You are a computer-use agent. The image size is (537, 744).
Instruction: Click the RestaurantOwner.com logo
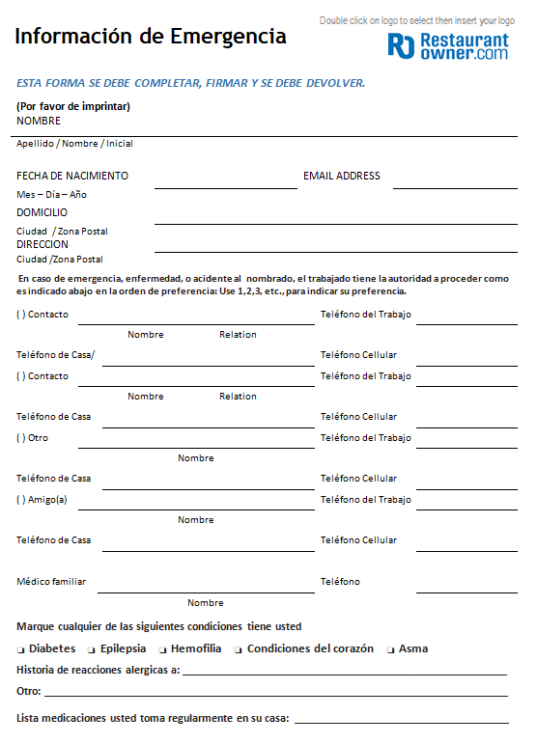[x=448, y=46]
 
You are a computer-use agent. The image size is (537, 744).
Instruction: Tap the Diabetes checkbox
[x=21, y=649]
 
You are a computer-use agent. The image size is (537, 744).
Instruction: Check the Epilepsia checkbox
[x=92, y=649]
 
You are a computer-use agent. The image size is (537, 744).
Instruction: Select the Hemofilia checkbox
[x=163, y=649]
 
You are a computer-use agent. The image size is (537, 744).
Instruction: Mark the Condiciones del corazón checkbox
[x=239, y=649]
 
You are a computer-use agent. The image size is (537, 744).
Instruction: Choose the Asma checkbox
[x=391, y=649]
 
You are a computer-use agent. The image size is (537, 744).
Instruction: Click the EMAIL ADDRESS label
[x=341, y=176]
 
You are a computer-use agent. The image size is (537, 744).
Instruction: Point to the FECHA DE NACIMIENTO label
[x=72, y=176]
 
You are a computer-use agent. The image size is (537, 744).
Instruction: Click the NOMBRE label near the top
[x=39, y=121]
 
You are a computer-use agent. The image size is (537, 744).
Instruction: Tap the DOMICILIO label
[x=42, y=212]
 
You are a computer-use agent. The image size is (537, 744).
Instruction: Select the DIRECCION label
[x=42, y=244]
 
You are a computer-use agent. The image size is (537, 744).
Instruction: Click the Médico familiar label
[x=51, y=581]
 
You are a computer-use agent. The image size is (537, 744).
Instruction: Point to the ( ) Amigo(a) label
[x=42, y=500]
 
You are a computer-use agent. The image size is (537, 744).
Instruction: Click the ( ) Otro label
[x=32, y=438]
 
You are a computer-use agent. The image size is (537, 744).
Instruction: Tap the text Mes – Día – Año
[x=51, y=194]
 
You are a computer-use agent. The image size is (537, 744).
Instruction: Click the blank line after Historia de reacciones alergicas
[x=344, y=672]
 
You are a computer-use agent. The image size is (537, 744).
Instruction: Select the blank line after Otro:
[x=275, y=693]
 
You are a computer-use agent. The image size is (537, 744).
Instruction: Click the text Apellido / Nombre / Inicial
[x=74, y=144]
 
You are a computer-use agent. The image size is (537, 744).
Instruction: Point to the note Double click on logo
[x=416, y=20]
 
